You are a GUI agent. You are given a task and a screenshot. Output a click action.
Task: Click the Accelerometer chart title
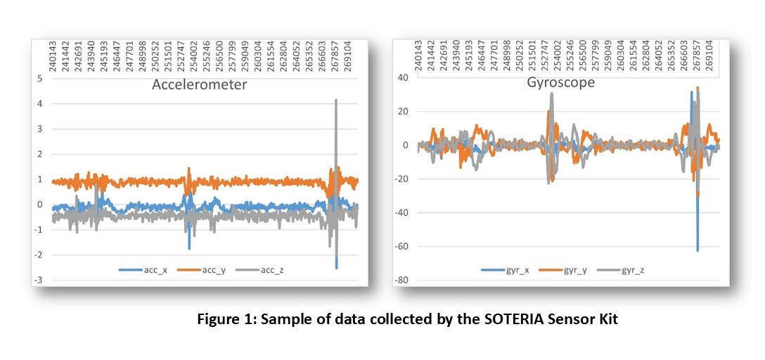(x=200, y=86)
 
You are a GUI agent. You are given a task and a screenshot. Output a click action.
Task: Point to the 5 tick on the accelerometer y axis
(x=40, y=79)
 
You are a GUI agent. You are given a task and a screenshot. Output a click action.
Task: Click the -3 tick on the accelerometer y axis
(x=39, y=281)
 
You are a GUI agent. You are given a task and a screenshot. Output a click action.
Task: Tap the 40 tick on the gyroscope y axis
(x=404, y=77)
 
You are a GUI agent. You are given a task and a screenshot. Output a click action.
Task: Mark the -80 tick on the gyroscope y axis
(x=401, y=281)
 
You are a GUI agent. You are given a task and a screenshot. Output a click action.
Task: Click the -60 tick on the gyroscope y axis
(x=401, y=247)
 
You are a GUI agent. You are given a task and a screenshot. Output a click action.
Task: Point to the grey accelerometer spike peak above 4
(x=336, y=100)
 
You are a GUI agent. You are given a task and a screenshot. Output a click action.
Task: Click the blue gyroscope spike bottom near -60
(x=697, y=250)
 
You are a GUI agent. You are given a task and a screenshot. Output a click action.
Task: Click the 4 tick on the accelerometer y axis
(x=40, y=104)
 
